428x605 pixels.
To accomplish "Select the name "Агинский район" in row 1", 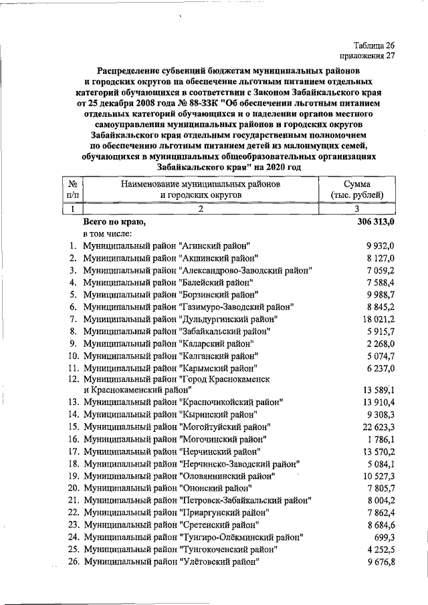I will click(x=215, y=246).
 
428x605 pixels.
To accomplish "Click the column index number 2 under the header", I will click(x=200, y=209).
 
